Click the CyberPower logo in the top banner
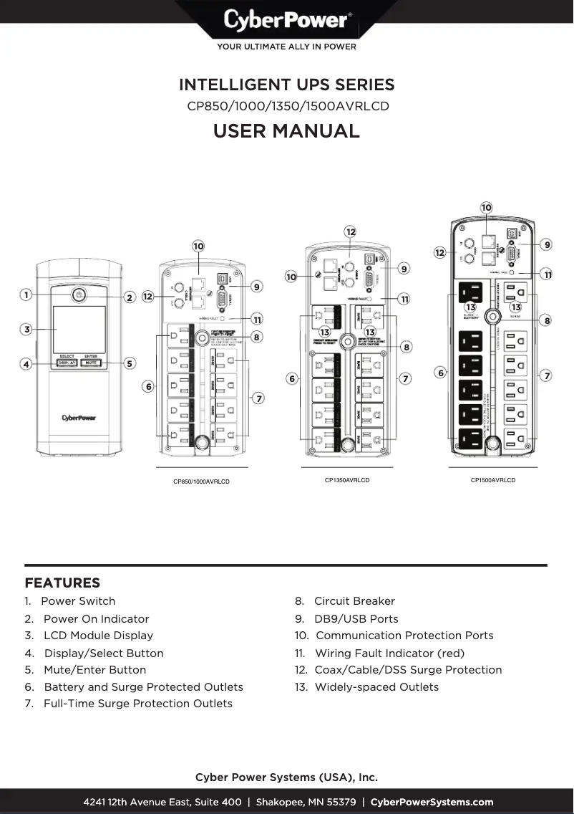[x=287, y=20]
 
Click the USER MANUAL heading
[x=286, y=131]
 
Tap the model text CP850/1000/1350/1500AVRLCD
[x=288, y=106]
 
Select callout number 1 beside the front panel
[x=26, y=295]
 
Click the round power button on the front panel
[x=78, y=295]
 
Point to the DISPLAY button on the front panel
[x=67, y=363]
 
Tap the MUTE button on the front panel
[x=91, y=363]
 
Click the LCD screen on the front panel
[x=79, y=329]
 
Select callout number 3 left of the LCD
[x=26, y=330]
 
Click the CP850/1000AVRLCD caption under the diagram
[x=201, y=482]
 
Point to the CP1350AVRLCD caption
[x=347, y=480]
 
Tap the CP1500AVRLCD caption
[x=492, y=480]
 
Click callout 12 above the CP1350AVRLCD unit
[x=350, y=232]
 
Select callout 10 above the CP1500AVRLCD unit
[x=486, y=208]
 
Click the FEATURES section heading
[x=62, y=583]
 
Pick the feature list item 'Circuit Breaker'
[x=354, y=601]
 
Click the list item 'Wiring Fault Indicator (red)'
[x=389, y=653]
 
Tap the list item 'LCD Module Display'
[x=98, y=636]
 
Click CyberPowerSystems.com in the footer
[x=432, y=802]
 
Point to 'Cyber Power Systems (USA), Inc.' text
[x=286, y=777]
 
